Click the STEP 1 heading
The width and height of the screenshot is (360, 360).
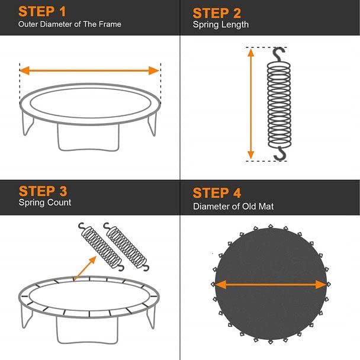click(x=43, y=12)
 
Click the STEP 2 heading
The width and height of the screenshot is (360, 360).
click(x=217, y=13)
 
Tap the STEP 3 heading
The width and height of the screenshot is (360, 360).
click(x=43, y=191)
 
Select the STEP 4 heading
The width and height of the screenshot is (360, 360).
click(x=217, y=194)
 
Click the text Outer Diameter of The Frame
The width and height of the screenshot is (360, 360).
click(x=70, y=24)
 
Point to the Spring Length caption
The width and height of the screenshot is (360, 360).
click(x=220, y=25)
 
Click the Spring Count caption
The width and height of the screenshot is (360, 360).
click(x=45, y=202)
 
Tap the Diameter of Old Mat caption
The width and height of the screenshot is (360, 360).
click(x=233, y=207)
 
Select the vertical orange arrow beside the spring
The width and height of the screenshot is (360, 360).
click(x=250, y=104)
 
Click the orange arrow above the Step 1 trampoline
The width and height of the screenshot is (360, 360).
click(x=89, y=70)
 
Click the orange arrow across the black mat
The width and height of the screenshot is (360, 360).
click(x=271, y=284)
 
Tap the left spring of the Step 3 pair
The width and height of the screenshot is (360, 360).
click(x=99, y=245)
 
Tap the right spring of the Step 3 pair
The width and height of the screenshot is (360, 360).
click(x=125, y=246)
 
